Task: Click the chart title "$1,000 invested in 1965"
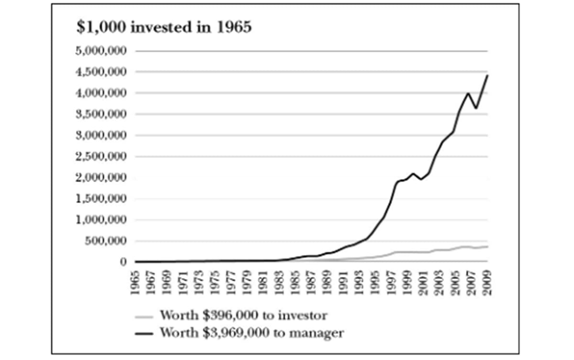(164, 28)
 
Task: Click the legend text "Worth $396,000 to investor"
(243, 316)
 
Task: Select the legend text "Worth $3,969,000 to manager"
(252, 332)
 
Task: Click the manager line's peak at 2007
(468, 93)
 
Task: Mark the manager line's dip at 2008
(476, 109)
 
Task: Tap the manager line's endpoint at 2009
(487, 76)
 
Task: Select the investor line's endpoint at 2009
(487, 246)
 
